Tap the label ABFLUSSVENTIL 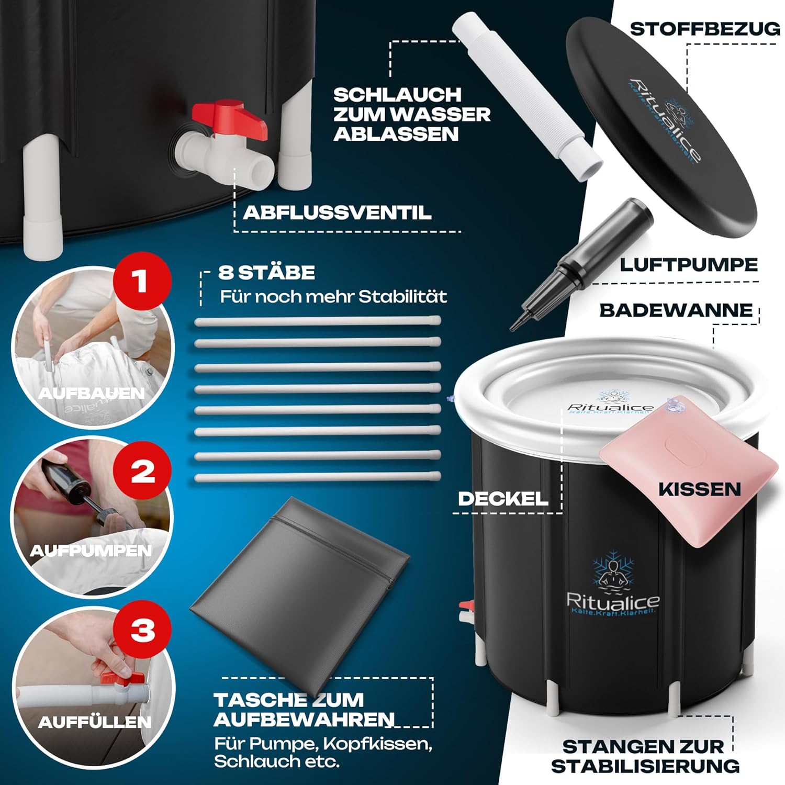(x=338, y=212)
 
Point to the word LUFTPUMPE (x=689, y=265)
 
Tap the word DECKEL (x=503, y=499)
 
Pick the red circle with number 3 (x=143, y=630)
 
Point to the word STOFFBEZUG (x=705, y=29)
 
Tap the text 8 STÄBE (x=267, y=273)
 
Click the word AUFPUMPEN (x=91, y=551)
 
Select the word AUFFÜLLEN (x=95, y=722)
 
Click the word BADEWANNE (x=676, y=310)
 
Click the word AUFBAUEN (x=92, y=393)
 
